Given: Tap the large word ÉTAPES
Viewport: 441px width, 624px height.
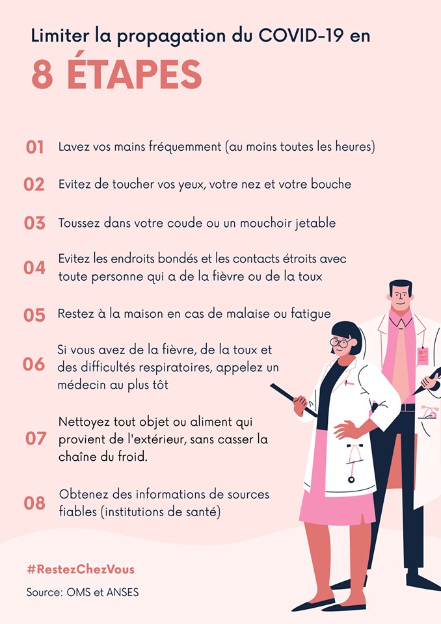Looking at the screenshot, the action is point(135,74).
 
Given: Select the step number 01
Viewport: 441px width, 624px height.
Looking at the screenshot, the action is point(34,148).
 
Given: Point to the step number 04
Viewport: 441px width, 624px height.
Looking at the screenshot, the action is point(34,268).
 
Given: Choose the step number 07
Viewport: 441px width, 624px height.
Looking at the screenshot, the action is point(36,439).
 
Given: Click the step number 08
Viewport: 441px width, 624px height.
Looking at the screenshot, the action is point(34,503).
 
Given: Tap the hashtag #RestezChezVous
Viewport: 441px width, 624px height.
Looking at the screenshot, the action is point(81,569).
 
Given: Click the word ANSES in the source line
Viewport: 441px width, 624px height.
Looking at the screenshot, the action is point(122,592).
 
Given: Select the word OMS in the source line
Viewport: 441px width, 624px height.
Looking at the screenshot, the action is point(79,592).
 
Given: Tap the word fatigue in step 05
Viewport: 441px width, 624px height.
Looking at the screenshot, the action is point(311,314).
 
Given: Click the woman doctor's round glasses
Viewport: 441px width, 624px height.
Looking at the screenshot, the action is point(340,342).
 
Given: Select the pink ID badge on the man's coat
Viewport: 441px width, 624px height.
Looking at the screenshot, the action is point(423,356).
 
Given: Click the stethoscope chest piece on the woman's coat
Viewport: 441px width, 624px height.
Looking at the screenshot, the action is point(351,480).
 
